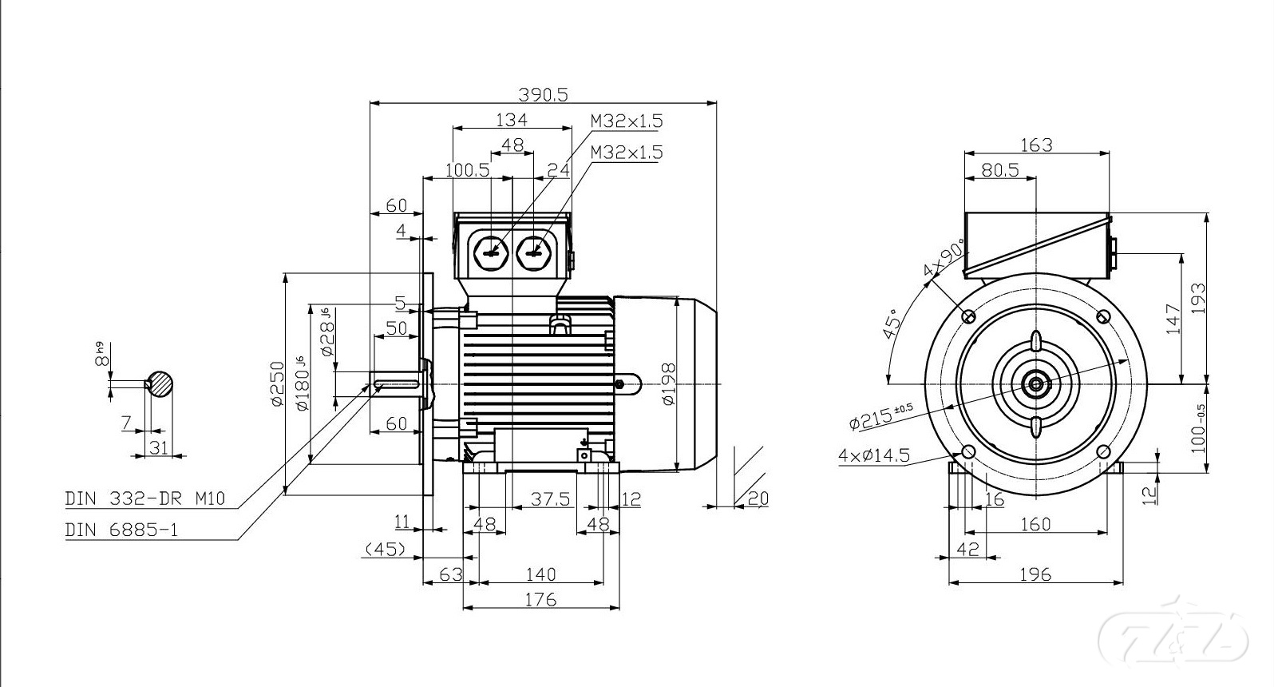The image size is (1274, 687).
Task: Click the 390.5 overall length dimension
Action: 543,94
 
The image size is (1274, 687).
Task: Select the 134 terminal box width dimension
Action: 512,120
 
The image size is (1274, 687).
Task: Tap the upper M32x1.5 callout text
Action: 627,121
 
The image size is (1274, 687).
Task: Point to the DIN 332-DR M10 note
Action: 145,499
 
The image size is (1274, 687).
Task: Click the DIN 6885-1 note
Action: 121,530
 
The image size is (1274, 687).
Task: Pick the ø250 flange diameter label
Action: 277,383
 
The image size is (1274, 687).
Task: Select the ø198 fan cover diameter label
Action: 669,383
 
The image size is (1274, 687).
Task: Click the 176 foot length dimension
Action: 540,599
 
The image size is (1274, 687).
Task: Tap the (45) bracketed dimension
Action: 386,550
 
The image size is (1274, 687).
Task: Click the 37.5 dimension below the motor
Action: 551,499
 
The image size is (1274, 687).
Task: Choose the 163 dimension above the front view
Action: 1036,145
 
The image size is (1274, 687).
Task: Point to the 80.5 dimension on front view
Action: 1000,170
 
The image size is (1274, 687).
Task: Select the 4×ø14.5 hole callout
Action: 874,455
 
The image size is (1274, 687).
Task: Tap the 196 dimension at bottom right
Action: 1035,574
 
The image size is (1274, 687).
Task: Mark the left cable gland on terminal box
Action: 490,252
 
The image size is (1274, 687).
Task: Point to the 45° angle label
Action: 892,324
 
